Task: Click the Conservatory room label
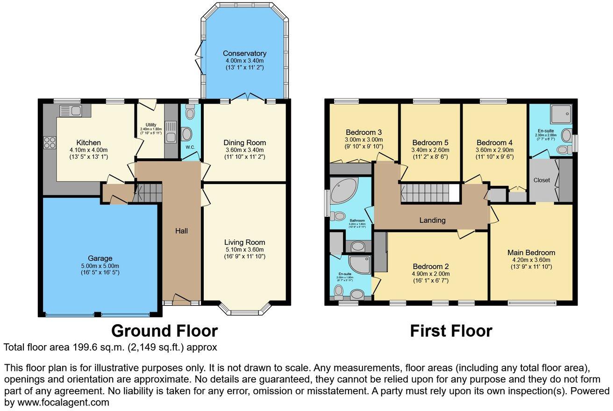coord(244,53)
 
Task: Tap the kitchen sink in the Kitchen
coord(71,111)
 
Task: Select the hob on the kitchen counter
coord(50,142)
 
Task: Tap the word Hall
coord(181,231)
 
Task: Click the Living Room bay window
coord(245,311)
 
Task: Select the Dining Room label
coord(244,142)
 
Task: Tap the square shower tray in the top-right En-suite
coord(560,114)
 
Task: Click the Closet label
coord(542,180)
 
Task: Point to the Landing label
coord(432,220)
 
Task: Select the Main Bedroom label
coord(531,253)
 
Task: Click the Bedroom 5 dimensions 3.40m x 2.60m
coord(430,150)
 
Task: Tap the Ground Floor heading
coord(164,331)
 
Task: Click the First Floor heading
coord(451,331)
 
